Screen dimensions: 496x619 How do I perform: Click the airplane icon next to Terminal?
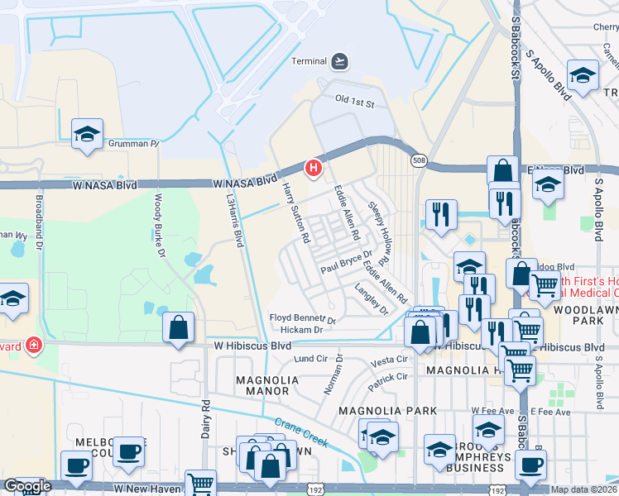(339, 61)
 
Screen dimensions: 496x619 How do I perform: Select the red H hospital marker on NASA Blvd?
(314, 169)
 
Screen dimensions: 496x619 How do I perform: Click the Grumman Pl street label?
(133, 144)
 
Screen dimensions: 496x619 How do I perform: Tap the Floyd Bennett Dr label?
(303, 318)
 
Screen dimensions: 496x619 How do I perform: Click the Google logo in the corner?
(27, 486)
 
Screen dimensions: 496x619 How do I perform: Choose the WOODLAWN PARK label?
(591, 312)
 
